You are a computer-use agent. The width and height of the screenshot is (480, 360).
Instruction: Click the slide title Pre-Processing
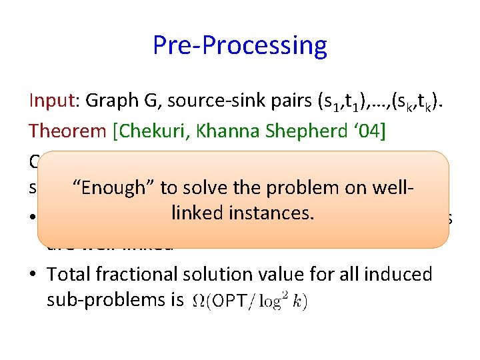240,45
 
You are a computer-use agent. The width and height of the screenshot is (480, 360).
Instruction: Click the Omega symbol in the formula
199,301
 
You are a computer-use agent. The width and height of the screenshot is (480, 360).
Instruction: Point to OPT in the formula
228,301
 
